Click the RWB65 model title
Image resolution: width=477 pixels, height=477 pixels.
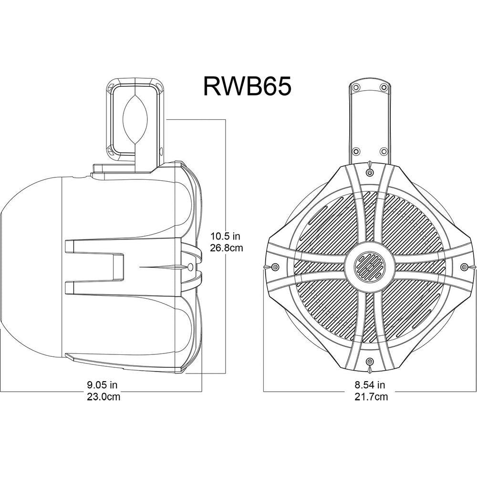coord(247,86)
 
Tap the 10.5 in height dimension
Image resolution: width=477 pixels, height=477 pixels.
coord(226,236)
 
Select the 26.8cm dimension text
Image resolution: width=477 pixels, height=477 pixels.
coord(227,248)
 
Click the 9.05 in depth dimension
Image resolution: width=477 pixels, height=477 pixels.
coord(102,385)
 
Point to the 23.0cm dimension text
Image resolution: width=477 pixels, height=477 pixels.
coord(104,397)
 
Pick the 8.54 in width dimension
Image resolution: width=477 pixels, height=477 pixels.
coord(370,385)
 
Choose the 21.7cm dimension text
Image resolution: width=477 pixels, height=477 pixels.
coord(372,397)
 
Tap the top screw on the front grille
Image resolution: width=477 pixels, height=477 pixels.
coord(369,173)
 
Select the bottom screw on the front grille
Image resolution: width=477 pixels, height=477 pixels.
coord(369,362)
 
